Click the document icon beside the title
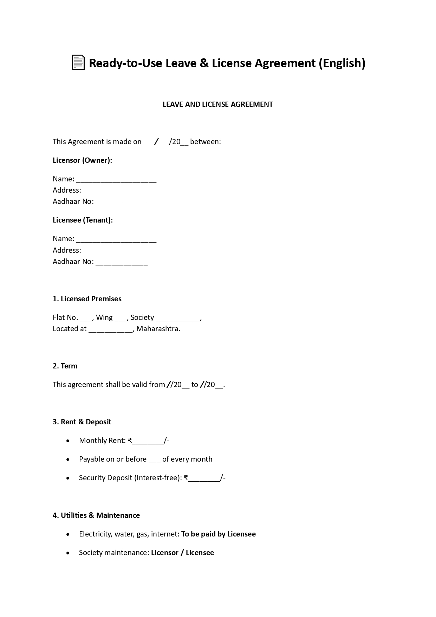[78, 63]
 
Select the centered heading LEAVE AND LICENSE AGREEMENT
[217, 104]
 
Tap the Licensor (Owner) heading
[82, 160]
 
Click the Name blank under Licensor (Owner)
[116, 180]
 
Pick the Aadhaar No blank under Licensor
[122, 202]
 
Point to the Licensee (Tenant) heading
[83, 220]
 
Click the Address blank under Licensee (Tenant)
[115, 251]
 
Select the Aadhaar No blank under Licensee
[122, 262]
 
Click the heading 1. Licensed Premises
[87, 299]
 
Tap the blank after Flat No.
[86, 318]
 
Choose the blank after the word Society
[178, 318]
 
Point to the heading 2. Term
[65, 366]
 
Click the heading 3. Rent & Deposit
[82, 422]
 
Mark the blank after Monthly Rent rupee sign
[148, 441]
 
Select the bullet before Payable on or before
[68, 459]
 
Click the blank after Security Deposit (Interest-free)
[204, 478]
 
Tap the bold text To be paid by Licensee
[218, 534]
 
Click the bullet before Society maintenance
[68, 553]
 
